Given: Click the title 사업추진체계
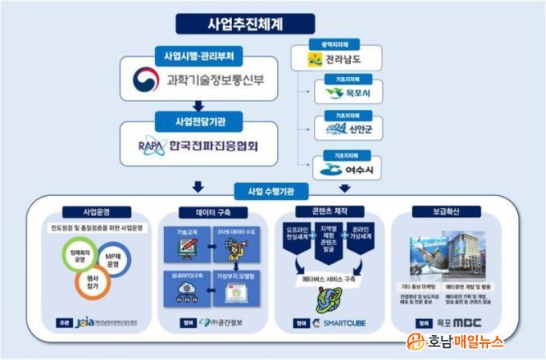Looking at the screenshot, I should [x=272, y=24].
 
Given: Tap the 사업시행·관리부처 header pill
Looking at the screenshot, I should [x=197, y=55].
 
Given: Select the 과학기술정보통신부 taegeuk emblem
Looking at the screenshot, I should [x=145, y=80].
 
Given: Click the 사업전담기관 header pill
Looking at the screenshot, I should [x=197, y=121].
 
